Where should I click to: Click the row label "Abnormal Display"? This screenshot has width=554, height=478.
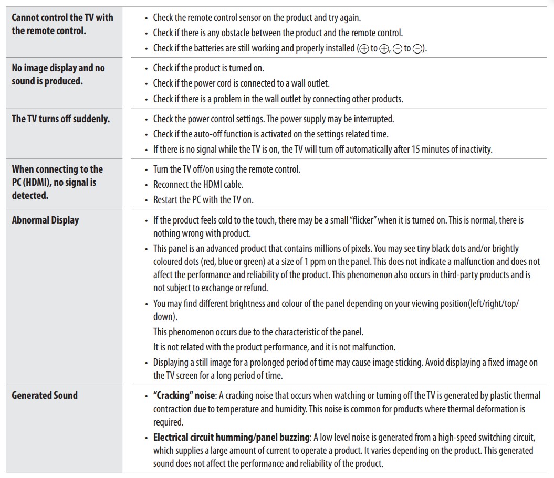click(x=45, y=220)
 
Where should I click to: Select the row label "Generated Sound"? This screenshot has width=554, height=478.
click(x=45, y=396)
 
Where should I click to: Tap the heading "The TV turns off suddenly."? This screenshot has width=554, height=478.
click(x=61, y=119)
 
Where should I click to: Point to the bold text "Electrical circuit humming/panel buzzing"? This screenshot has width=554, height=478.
click(x=231, y=437)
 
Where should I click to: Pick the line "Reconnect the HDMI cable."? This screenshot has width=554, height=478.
click(x=198, y=185)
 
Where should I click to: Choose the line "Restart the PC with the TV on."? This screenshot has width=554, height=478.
click(x=204, y=199)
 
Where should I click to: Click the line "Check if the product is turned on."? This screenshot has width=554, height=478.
click(x=208, y=68)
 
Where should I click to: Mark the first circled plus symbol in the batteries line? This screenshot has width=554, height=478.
click(x=363, y=48)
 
